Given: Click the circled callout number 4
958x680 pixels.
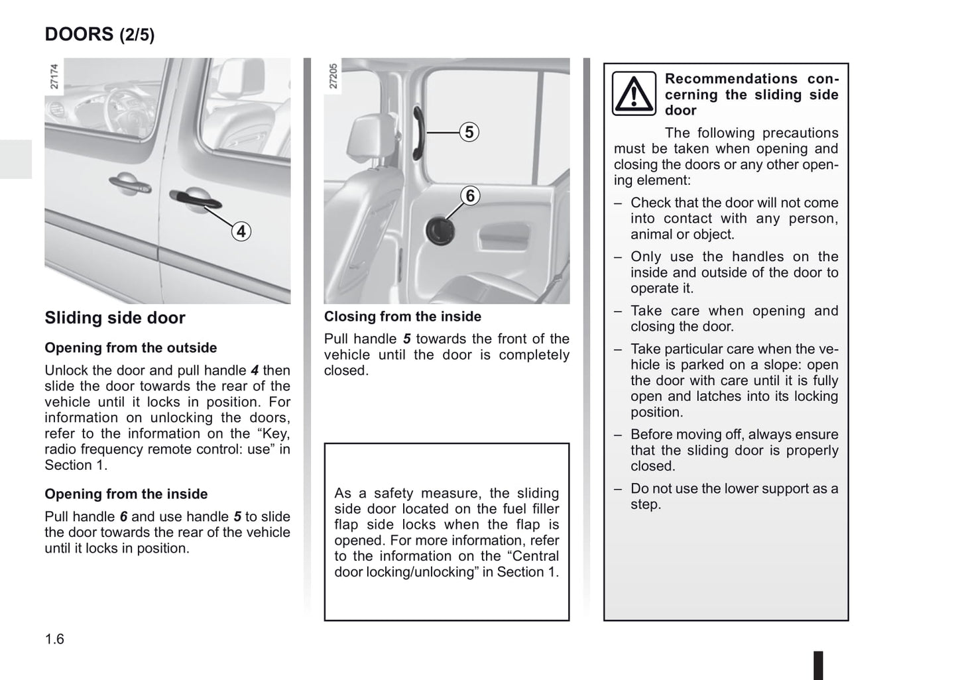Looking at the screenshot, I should pyautogui.click(x=241, y=231).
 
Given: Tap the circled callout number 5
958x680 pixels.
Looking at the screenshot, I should pyautogui.click(x=469, y=133).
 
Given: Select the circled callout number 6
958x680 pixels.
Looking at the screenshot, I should pyautogui.click(x=470, y=196).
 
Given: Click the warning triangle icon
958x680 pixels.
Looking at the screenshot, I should pyautogui.click(x=634, y=94).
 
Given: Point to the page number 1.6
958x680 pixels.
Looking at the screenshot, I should pyautogui.click(x=54, y=639).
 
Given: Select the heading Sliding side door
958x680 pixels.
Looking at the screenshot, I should pyautogui.click(x=115, y=318).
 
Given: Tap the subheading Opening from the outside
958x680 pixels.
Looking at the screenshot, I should pyautogui.click(x=131, y=348).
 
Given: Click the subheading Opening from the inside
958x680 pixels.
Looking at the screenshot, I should pyautogui.click(x=126, y=494).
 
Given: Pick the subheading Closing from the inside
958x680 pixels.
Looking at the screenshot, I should pyautogui.click(x=402, y=317).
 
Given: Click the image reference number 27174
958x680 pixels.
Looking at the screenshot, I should pyautogui.click(x=54, y=77).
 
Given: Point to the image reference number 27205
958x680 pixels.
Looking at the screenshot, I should pyautogui.click(x=333, y=77).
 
